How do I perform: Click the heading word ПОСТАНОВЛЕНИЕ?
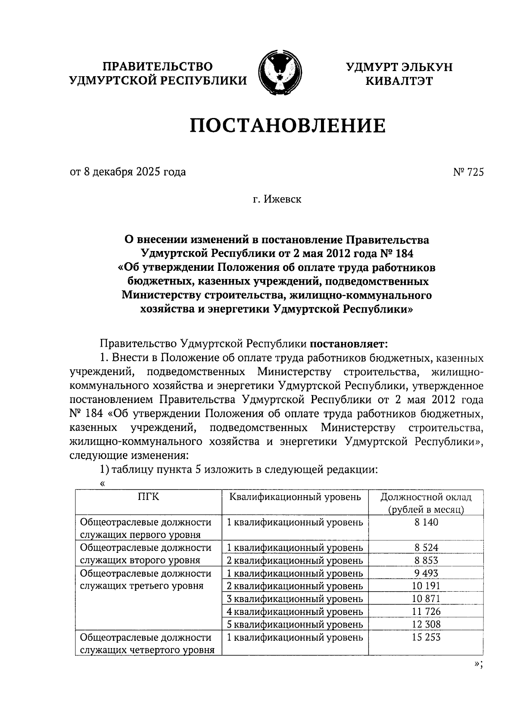288,126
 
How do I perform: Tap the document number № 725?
468,172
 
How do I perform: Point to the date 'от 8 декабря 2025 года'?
128,172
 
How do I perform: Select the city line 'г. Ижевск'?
277,199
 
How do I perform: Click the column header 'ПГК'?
148,497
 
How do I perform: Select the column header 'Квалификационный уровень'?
295,497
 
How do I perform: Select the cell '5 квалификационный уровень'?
295,624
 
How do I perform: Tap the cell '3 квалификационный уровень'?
295,599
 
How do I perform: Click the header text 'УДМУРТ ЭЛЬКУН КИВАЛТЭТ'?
399,74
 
